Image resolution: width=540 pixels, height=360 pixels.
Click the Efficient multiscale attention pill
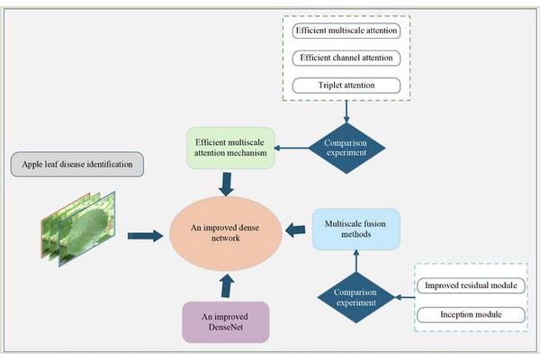(x=346, y=31)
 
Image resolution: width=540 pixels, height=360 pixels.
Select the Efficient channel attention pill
(x=346, y=58)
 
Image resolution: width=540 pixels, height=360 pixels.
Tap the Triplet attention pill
(x=346, y=85)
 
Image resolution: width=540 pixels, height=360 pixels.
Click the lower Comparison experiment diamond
(x=356, y=293)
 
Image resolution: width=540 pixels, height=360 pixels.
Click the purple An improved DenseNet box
(x=224, y=321)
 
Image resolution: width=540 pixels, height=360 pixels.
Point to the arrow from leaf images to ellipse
(x=139, y=235)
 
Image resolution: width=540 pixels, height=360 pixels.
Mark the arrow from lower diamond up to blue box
(x=356, y=260)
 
